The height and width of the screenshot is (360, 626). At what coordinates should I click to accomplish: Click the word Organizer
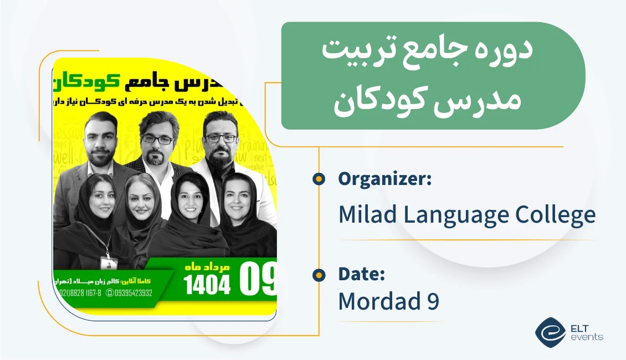pyautogui.click(x=384, y=179)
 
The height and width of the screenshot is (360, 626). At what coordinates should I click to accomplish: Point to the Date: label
pyautogui.click(x=361, y=274)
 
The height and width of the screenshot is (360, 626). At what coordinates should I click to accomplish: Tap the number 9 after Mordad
pyautogui.click(x=433, y=301)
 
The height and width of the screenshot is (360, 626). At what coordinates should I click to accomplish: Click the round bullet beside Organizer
pyautogui.click(x=319, y=179)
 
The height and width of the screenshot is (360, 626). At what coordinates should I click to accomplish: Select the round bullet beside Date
pyautogui.click(x=319, y=274)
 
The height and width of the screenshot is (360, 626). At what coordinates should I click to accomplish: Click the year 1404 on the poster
pyautogui.click(x=207, y=284)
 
